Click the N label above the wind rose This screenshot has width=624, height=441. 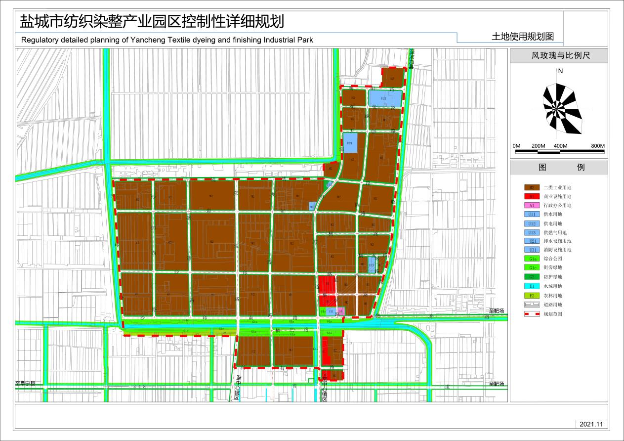click(x=560, y=71)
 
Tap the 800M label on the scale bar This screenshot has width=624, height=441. click(x=597, y=146)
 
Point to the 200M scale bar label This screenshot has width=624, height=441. click(x=538, y=146)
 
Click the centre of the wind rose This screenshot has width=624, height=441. click(x=560, y=109)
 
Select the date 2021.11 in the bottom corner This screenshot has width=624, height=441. click(x=592, y=424)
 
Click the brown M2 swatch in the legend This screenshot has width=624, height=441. click(x=532, y=187)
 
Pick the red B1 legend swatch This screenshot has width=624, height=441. click(x=532, y=196)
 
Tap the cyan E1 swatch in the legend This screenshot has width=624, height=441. click(x=532, y=286)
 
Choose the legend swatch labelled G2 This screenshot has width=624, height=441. click(x=532, y=277)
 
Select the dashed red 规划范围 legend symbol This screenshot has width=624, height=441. click(x=532, y=313)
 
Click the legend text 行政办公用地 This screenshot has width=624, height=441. click(x=557, y=205)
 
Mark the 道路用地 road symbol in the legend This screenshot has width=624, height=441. click(x=532, y=305)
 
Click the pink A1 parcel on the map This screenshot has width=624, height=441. click(x=340, y=311)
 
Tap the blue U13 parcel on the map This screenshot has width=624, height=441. click(x=372, y=265)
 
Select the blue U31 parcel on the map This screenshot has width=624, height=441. click(x=312, y=206)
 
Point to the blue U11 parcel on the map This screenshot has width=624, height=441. click(x=332, y=311)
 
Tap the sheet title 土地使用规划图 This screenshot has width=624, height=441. click(x=522, y=37)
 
